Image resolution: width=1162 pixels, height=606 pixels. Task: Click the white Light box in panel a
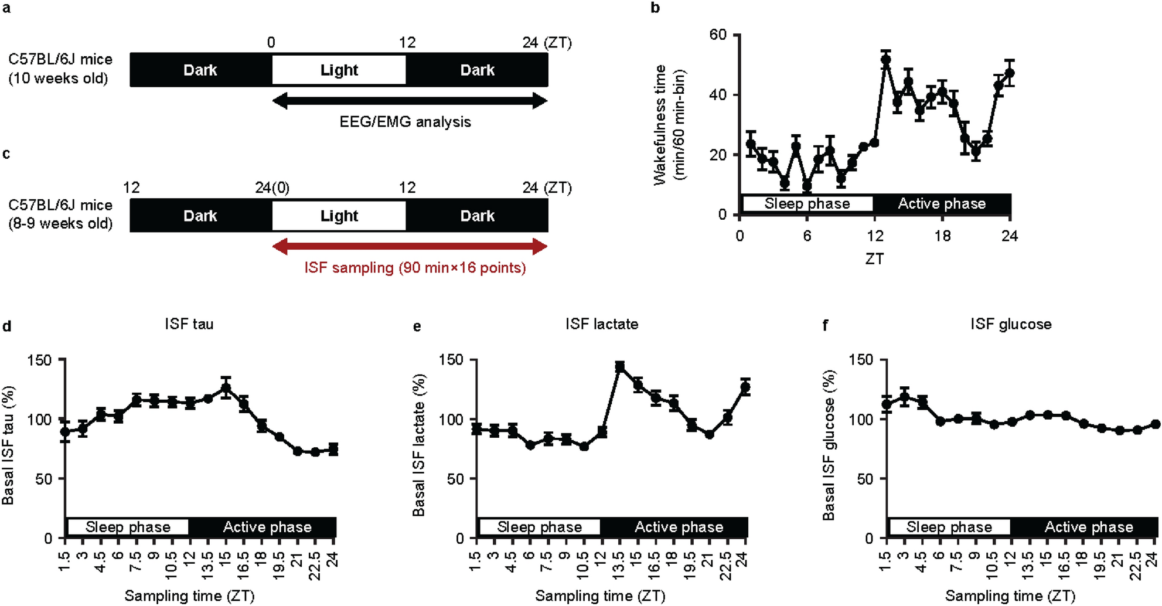[x=339, y=70]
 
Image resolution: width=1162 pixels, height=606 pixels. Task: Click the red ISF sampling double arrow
[x=410, y=247]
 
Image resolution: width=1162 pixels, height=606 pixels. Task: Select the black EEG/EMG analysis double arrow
[x=410, y=101]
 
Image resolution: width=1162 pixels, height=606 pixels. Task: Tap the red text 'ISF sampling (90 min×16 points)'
[x=415, y=268]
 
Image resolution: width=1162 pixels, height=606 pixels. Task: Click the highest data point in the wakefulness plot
[x=886, y=59]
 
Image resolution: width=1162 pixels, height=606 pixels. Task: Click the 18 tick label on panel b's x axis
[x=942, y=236]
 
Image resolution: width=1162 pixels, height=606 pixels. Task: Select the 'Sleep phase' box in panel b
[x=807, y=203]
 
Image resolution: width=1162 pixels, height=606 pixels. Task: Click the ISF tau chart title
[x=189, y=324]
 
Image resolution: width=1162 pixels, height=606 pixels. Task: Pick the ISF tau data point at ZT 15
[x=226, y=388]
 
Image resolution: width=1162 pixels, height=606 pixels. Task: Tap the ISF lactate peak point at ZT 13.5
[x=620, y=367]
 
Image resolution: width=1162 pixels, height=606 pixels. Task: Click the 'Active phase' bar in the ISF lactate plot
[x=679, y=527]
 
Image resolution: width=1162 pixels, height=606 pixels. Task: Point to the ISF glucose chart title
[x=1010, y=324]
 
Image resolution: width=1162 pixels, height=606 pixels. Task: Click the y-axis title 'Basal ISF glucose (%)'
[x=828, y=445]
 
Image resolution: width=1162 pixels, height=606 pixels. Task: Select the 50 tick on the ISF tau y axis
[x=43, y=479]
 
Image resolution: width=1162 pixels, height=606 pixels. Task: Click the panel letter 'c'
[x=6, y=154]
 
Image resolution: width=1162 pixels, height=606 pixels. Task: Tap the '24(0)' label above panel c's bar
[x=272, y=188]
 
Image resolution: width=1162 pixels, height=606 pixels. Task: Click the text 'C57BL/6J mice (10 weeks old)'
[x=60, y=69]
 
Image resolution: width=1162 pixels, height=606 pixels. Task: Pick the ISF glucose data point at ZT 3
[x=905, y=398]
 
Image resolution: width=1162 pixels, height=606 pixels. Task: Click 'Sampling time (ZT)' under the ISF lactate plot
[x=600, y=596]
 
